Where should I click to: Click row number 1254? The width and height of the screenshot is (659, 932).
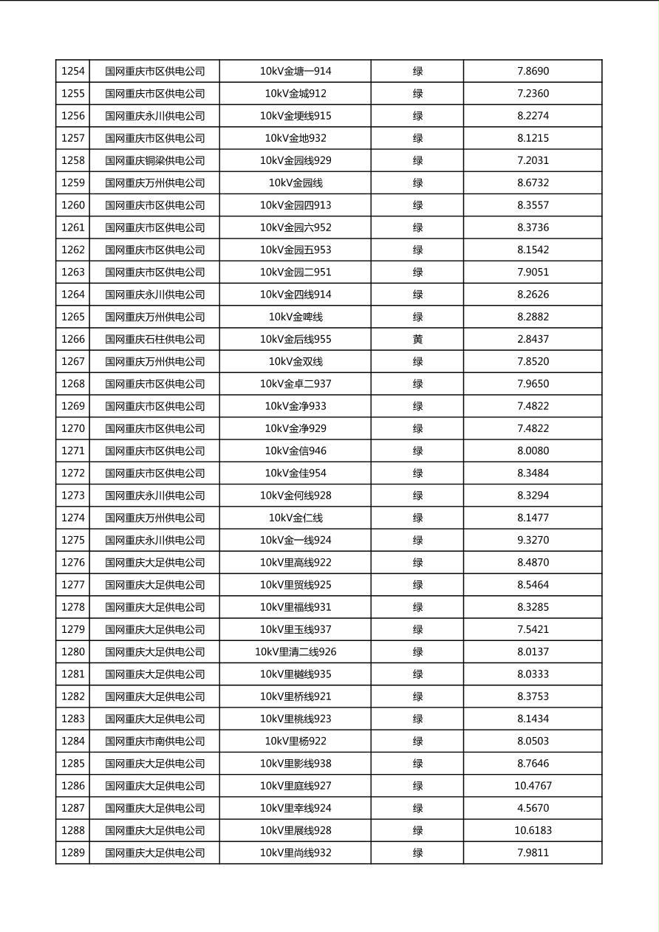[73, 72]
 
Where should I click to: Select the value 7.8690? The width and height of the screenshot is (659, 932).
[533, 72]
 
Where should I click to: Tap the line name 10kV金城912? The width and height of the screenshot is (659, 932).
[296, 94]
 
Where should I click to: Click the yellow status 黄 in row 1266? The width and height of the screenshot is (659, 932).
[417, 340]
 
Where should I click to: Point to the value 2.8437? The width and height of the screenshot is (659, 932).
[533, 340]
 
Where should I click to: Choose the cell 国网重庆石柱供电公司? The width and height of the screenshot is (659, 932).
[154, 340]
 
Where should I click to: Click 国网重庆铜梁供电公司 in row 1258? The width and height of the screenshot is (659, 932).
[154, 161]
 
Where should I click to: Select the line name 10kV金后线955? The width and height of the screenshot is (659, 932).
[296, 340]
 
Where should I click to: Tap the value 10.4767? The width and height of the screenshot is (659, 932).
[533, 786]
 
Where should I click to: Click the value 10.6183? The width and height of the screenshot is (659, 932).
[533, 831]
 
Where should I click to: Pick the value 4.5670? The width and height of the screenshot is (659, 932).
[533, 809]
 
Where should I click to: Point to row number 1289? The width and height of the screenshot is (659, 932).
[73, 853]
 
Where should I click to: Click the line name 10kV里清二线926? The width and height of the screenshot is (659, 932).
[296, 652]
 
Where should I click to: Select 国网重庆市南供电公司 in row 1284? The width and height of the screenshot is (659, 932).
[154, 741]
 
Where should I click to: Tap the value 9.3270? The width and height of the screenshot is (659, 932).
[533, 541]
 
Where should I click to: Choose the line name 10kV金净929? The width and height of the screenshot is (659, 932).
[296, 429]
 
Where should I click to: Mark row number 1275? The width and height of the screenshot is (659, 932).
[73, 541]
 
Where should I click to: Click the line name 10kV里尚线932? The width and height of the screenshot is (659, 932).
[296, 853]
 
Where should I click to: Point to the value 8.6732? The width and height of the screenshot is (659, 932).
[533, 183]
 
